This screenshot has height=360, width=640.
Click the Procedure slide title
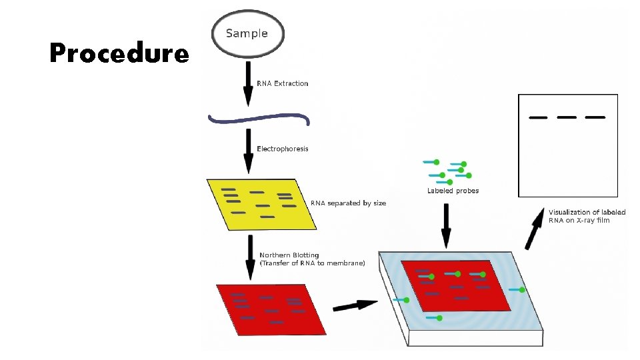[119, 53]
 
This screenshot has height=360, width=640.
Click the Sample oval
[247, 33]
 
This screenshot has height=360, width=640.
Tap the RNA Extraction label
[283, 83]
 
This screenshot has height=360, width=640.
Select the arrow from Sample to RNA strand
[248, 83]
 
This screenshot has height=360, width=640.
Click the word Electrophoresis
[283, 149]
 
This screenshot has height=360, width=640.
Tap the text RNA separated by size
[348, 203]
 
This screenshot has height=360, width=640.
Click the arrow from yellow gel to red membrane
[248, 257]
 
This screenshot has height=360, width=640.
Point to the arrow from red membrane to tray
[354, 305]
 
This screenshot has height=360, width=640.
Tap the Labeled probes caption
[453, 191]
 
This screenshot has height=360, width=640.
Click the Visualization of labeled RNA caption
[587, 216]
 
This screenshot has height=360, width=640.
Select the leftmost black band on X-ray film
[538, 118]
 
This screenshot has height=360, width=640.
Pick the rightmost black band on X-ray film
[595, 117]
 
